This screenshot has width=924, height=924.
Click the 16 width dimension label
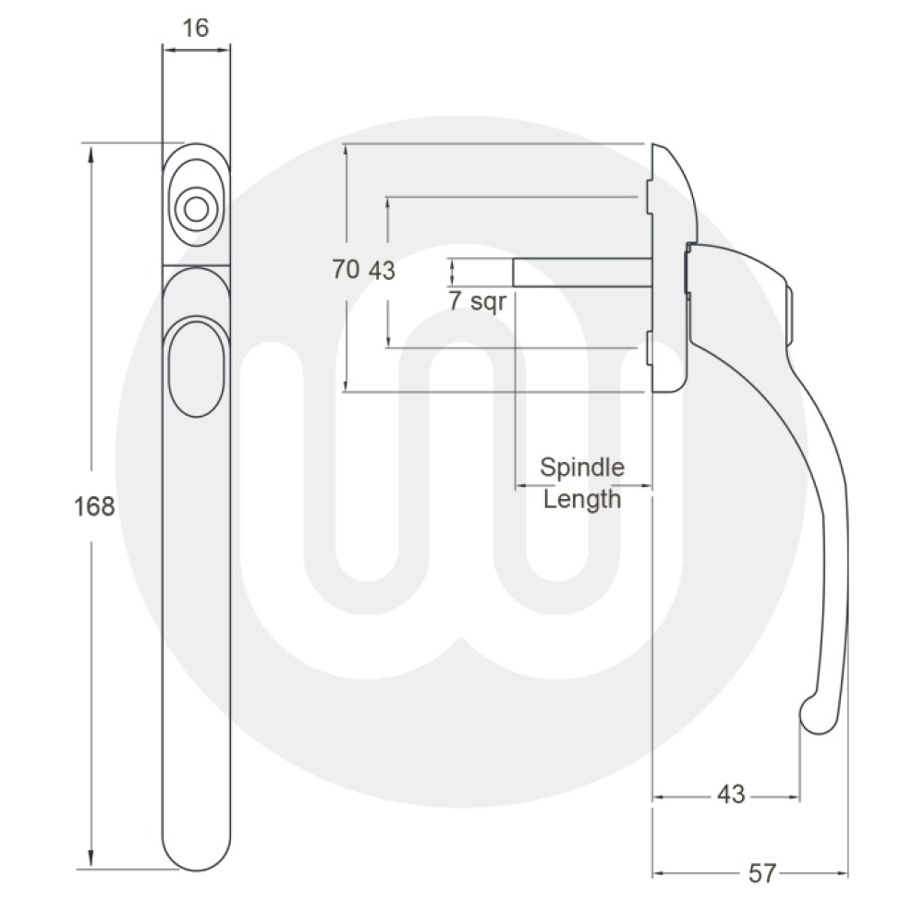click(196, 28)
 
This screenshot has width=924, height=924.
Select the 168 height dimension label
click(93, 506)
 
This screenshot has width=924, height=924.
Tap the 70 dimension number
click(346, 271)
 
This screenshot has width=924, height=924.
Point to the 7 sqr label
click(478, 301)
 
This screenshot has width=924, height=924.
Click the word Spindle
click(582, 467)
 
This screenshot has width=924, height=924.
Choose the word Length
click(582, 500)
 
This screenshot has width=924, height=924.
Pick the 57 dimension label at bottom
click(761, 873)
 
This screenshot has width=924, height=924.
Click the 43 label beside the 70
click(382, 271)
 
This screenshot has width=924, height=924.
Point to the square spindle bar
click(582, 273)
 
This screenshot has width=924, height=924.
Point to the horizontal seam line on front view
click(195, 265)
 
